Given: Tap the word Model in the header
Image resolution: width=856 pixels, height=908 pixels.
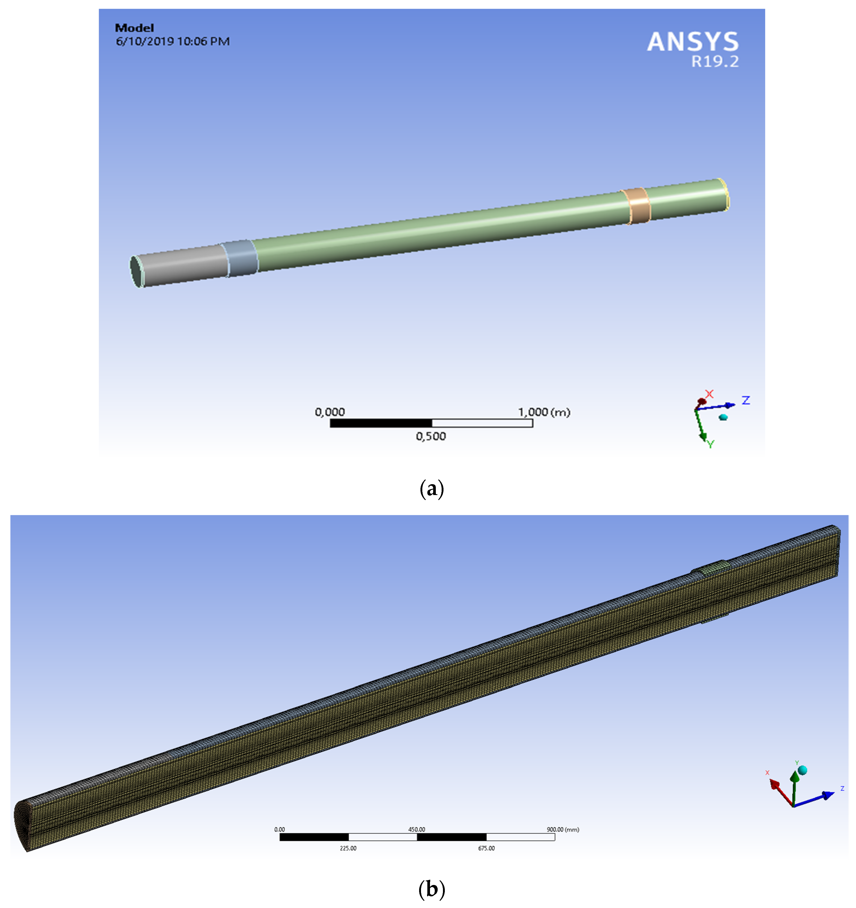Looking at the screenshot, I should tap(134, 28).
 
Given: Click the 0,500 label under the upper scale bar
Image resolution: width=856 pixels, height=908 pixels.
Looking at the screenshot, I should tap(430, 436).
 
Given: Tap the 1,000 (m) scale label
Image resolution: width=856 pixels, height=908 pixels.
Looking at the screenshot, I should tap(544, 412).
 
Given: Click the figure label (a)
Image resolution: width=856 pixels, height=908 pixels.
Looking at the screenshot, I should tap(431, 489).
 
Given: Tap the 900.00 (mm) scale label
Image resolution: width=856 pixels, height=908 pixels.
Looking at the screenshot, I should tap(562, 829).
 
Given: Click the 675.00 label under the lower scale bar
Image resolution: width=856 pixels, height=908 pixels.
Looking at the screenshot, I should tap(486, 848).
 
